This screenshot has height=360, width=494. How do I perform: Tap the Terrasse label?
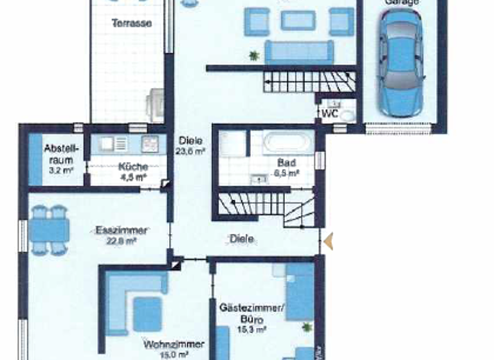coord(131,23)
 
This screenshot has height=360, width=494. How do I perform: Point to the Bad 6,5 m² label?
coord(287,168)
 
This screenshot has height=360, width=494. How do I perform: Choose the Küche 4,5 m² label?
coord(133,172)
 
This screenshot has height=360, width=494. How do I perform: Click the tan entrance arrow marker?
coord(329,241)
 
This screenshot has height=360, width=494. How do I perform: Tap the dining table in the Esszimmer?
coord(48,229)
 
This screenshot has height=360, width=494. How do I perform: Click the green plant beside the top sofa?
coord(254,55)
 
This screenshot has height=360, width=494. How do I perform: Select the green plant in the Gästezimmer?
coord(308,327)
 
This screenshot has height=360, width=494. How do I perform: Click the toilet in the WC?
coord(347,116)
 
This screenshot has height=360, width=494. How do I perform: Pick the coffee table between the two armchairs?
coord(298,20)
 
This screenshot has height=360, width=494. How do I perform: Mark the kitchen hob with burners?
coord(149,142)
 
